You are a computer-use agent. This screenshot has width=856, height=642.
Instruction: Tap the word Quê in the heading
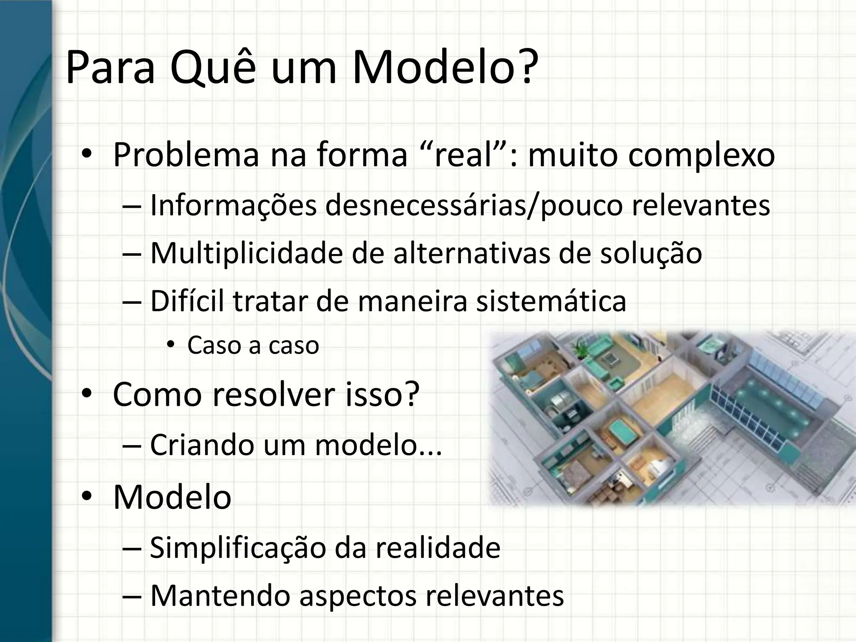coord(213,68)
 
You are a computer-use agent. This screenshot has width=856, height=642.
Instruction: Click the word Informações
coord(233,206)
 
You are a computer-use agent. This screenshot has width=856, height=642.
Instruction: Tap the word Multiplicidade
coord(246,253)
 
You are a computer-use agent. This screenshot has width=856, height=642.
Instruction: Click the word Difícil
coord(188,301)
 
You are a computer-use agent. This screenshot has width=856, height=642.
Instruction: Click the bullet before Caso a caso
coord(170,345)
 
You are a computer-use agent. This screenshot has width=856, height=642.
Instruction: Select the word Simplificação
coord(237,548)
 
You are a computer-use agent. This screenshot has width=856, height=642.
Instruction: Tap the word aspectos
coord(358,596)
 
